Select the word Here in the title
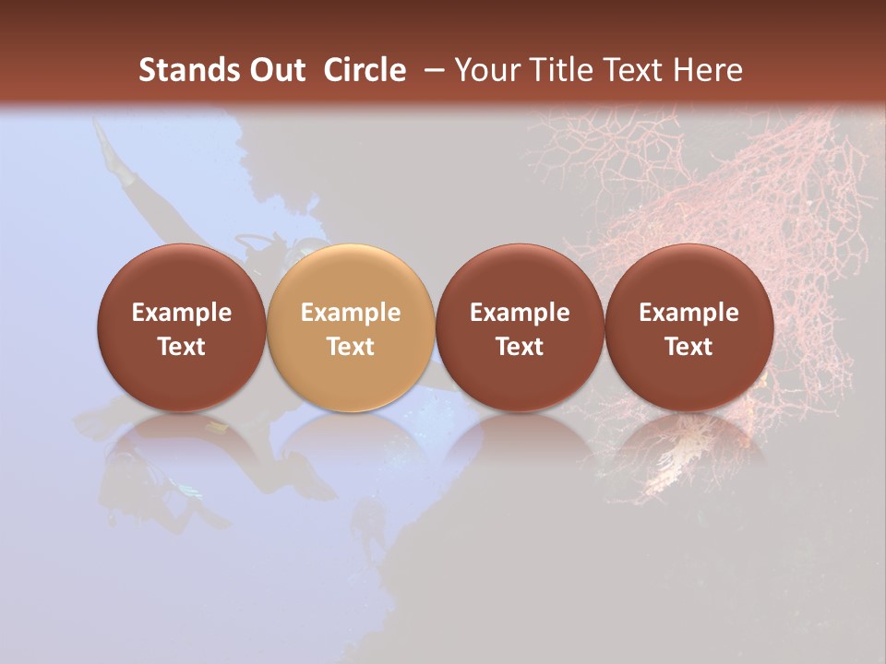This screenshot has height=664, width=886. [x=711, y=70]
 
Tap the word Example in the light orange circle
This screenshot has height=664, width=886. [x=351, y=313]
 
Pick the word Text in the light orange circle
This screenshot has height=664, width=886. [x=351, y=347]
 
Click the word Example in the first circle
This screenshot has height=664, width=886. [x=181, y=313]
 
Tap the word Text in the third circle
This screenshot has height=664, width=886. [x=520, y=347]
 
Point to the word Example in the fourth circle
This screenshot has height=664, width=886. [x=688, y=313]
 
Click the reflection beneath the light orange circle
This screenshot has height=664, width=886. [x=351, y=443]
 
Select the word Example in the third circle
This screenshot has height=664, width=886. [x=520, y=313]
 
